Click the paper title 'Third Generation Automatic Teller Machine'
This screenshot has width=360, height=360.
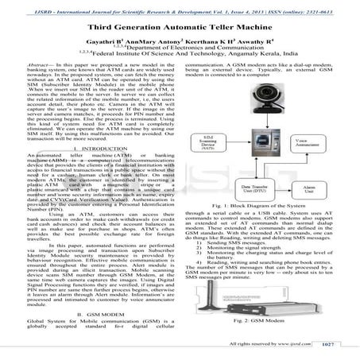coord(180,26)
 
